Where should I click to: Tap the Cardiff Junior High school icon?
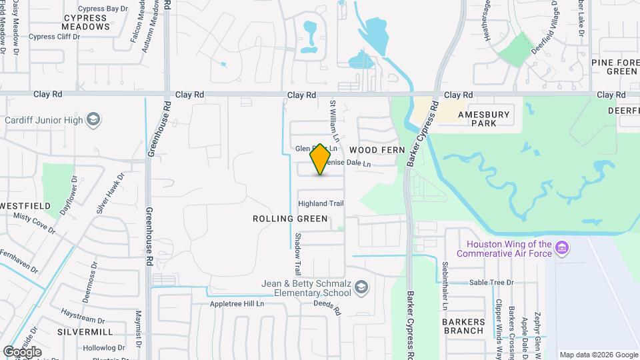pyautogui.click(x=94, y=120)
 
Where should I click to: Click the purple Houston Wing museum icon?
pyautogui.click(x=563, y=249)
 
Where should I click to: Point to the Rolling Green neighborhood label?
pyautogui.click(x=290, y=219)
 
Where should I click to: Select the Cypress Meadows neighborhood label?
pyautogui.click(x=86, y=22)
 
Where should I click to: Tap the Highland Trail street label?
pyautogui.click(x=321, y=203)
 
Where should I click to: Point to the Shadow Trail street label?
pyautogui.click(x=298, y=255)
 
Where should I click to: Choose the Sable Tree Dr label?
pyautogui.click(x=492, y=283)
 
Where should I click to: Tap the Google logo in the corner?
pyautogui.click(x=22, y=351)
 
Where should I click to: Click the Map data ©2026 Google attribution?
pyautogui.click(x=598, y=355)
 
